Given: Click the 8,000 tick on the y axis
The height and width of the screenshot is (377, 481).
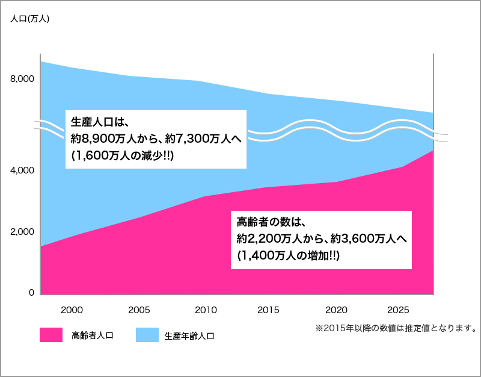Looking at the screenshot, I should tap(22, 79).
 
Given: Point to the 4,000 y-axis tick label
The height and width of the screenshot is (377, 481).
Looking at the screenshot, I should tap(22, 171).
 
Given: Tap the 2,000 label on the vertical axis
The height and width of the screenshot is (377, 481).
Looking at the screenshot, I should tap(22, 232).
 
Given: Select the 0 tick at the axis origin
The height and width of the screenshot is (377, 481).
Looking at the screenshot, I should tap(32, 293).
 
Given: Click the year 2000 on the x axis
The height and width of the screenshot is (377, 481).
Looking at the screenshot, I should tap(72, 310).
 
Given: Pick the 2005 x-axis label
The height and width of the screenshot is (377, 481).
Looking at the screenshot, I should tap(139, 310).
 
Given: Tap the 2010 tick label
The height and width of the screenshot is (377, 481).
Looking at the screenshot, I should tap(206, 310).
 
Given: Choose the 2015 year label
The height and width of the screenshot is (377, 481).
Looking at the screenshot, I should tap(268, 310).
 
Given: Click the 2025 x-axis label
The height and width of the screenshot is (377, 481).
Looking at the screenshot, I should tap(399, 310).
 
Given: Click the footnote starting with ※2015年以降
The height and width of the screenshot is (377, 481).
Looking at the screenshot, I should tap(395, 329).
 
